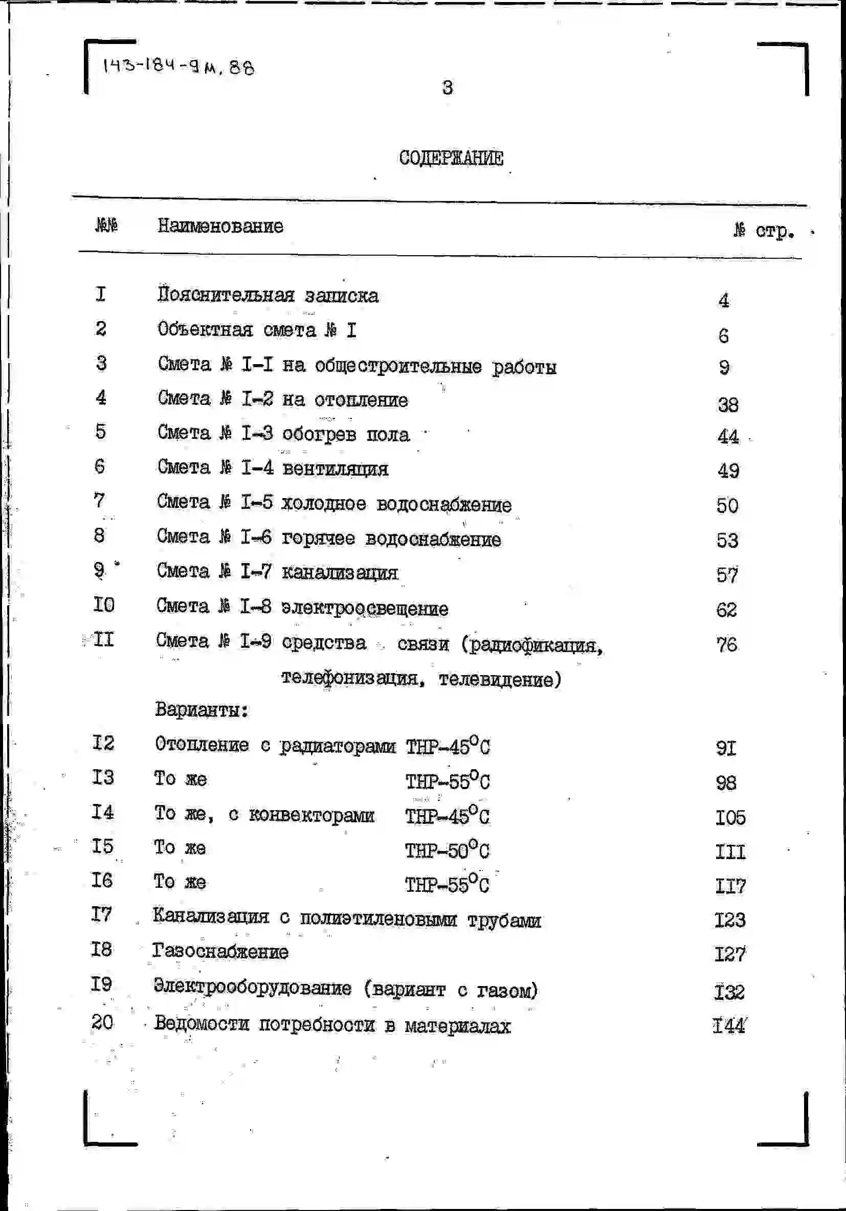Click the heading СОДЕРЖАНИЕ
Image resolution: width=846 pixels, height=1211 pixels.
pos(451,158)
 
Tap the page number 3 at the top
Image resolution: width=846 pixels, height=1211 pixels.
pos(447,87)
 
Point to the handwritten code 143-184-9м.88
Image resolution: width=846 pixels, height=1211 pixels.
pos(179,67)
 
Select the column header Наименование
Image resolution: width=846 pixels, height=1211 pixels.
pos(220,227)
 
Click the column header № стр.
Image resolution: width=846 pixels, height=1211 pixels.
pos(764,231)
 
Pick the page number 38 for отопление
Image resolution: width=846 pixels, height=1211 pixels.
pos(728,405)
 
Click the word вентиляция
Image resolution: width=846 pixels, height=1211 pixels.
pos(336,469)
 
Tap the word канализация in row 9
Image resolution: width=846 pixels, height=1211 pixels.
pos(340,573)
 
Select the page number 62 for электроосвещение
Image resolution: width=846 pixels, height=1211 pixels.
pos(726,610)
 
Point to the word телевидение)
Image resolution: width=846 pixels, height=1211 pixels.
pos(500,679)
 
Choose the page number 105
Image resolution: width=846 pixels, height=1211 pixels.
pos(730,818)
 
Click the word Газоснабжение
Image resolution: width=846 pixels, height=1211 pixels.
pos(220,952)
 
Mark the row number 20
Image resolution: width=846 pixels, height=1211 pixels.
pos(102,1022)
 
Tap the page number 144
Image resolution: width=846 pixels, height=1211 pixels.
pos(729,1025)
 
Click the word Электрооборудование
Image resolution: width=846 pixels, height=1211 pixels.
pos(253,988)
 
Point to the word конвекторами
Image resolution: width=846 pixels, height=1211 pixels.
pos(311,815)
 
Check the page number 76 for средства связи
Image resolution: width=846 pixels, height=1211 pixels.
pos(727,644)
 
